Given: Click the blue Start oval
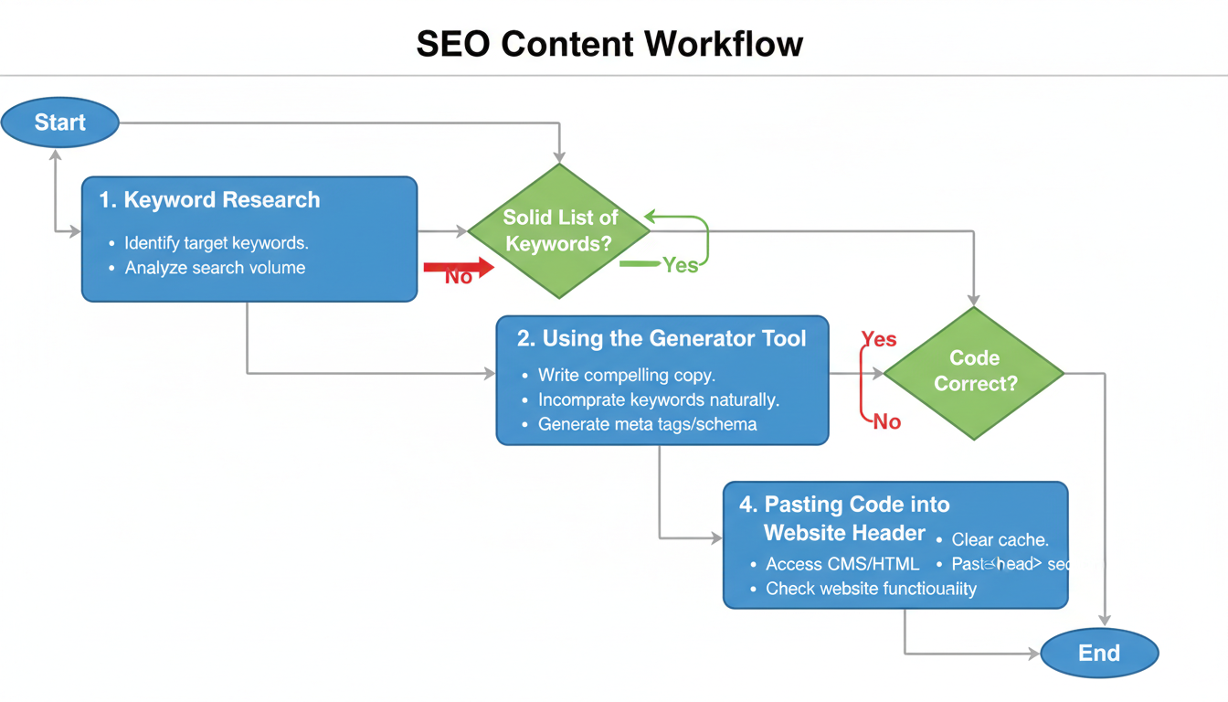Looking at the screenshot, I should tap(60, 122).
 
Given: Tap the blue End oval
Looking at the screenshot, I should tap(1099, 653).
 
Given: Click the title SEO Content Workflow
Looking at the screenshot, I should tap(609, 44).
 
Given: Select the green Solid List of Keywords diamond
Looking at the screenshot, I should tap(559, 230).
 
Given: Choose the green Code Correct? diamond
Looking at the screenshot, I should tap(974, 371).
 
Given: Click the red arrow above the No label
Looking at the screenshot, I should tap(459, 267).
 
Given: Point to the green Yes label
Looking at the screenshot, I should tap(680, 265).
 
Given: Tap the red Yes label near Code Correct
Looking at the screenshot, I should tap(879, 339).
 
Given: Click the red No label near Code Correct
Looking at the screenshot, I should tap(886, 421).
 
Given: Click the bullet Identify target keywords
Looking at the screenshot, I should tap(217, 243).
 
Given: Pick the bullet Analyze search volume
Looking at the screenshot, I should tap(215, 268).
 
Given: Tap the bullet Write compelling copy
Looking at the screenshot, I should tap(627, 375).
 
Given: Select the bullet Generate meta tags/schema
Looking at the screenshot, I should tap(647, 424).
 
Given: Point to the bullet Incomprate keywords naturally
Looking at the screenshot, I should tap(658, 399).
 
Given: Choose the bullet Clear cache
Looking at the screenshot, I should tap(1000, 539).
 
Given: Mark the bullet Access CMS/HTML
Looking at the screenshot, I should tap(842, 564).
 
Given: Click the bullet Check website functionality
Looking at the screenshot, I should tap(871, 589).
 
